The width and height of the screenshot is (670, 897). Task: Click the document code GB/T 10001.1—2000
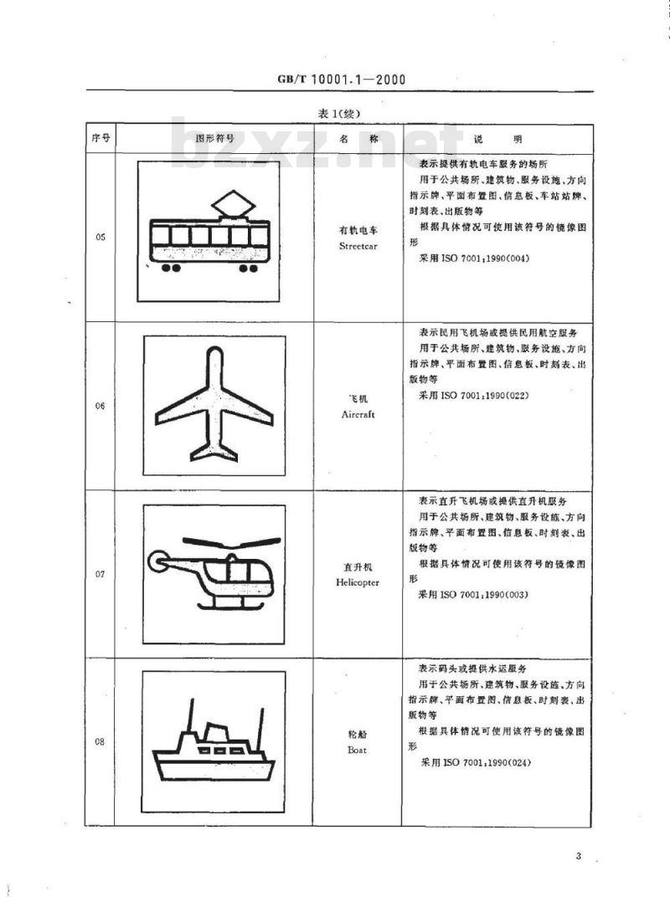341,79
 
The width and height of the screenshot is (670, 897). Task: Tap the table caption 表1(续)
341,113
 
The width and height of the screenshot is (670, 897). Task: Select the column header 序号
100,138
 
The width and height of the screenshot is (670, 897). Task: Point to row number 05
100,238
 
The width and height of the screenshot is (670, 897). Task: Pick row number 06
100,405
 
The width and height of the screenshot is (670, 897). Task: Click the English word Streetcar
359,247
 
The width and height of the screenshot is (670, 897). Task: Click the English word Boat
357,751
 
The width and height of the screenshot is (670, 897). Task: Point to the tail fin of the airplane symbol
214,452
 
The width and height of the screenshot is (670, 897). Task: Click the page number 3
578,856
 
